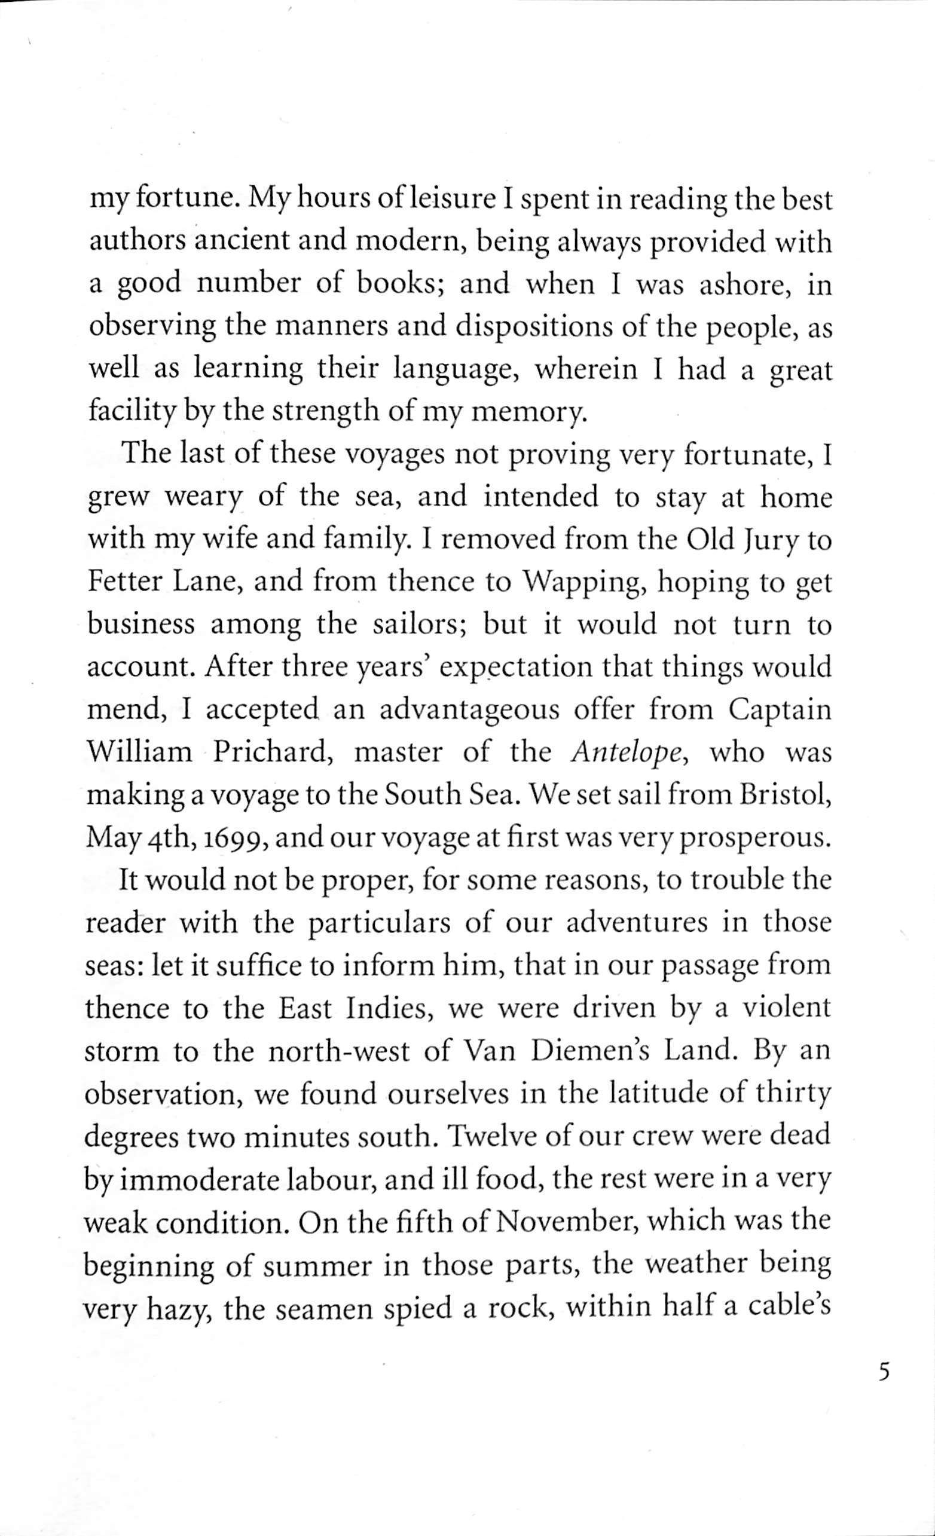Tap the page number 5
pyautogui.click(x=882, y=1373)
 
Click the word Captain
pyautogui.click(x=780, y=711)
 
